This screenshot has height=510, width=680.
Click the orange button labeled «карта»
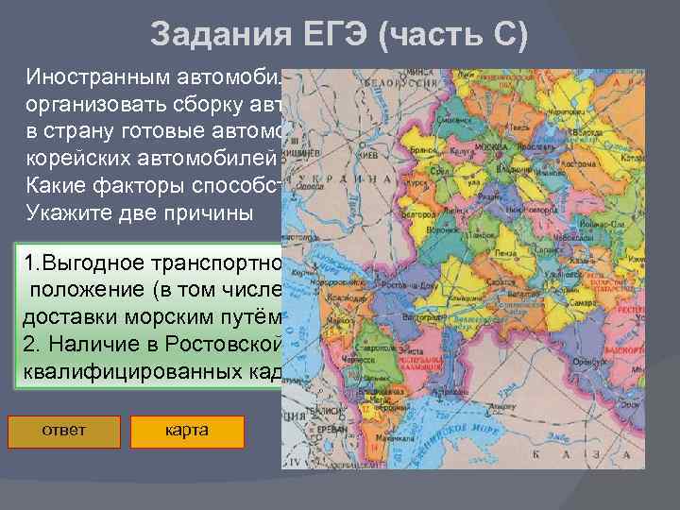187,431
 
